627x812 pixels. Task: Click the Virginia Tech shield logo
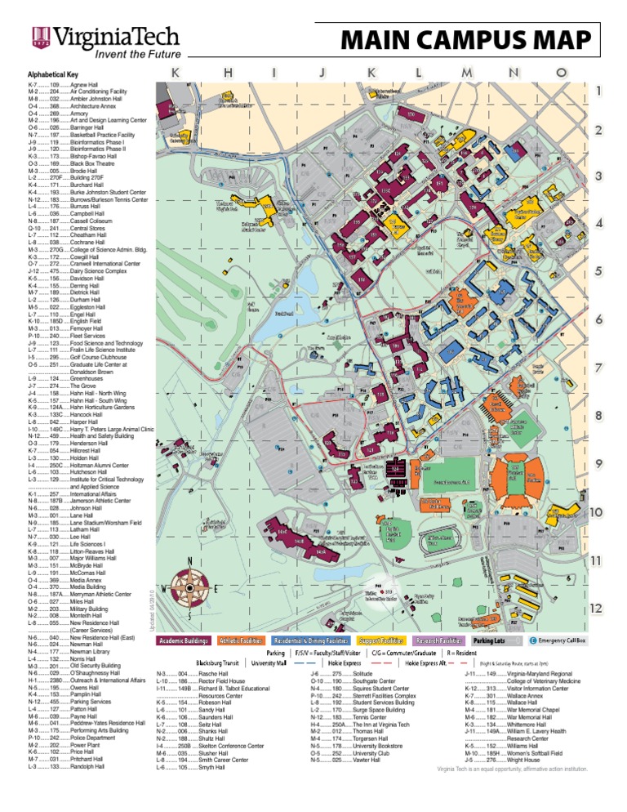click(x=38, y=33)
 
